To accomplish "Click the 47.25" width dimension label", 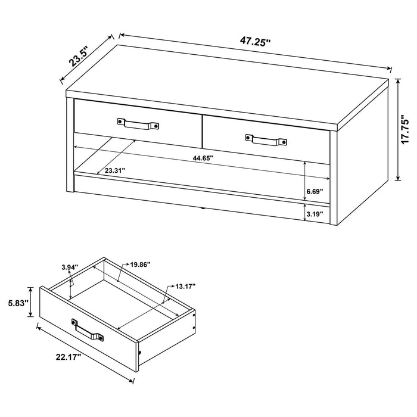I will pyautogui.click(x=256, y=42).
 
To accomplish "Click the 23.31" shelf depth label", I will pyautogui.click(x=116, y=170).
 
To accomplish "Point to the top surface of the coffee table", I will pyautogui.click(x=226, y=83).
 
